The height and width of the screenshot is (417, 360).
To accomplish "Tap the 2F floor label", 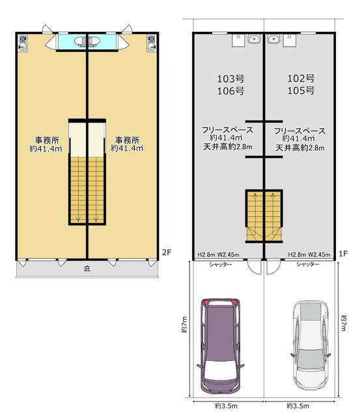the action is coord(167,252).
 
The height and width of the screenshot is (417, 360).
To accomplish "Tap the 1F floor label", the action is coord(343,253).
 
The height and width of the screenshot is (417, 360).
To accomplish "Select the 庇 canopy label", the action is coord(87,268).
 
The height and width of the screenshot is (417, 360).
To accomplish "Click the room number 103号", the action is coord(230,79).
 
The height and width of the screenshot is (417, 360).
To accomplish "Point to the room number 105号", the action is coord(301,91).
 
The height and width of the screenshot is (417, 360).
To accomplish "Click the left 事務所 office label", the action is coord(47,140).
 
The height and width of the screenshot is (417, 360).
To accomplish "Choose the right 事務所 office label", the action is coord(127,140).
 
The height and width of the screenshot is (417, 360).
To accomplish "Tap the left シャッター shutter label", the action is coord(221,265).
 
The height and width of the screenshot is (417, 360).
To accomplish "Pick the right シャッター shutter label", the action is coord(308,265).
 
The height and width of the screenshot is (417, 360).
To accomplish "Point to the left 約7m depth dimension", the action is coord(184,324).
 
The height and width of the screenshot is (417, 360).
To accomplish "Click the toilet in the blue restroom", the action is coord(87,42).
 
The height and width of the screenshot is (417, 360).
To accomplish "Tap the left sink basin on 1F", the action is coord(254,39).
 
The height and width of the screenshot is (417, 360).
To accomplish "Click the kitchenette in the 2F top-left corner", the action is coord(23,43).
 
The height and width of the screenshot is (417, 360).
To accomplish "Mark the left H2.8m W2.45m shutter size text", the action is coord(218,255).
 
